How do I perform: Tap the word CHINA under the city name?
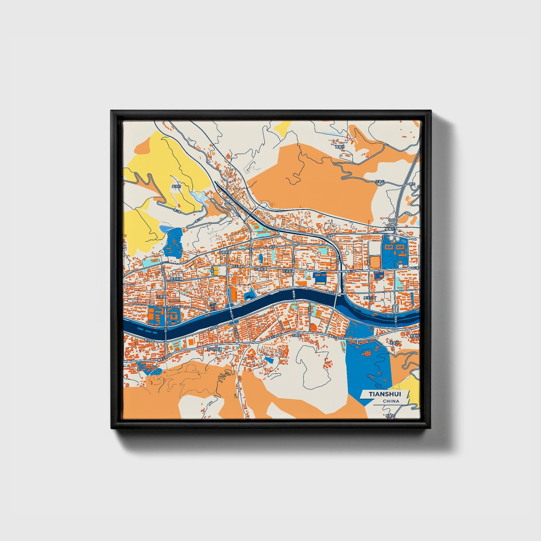(x=391, y=401)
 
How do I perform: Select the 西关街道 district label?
(x=176, y=279)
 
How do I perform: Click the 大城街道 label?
(x=261, y=269)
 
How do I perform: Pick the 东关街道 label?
(x=289, y=271)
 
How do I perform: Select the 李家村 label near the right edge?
(x=414, y=336)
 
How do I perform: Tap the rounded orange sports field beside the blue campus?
(x=375, y=262)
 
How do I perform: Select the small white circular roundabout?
(x=347, y=253)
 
